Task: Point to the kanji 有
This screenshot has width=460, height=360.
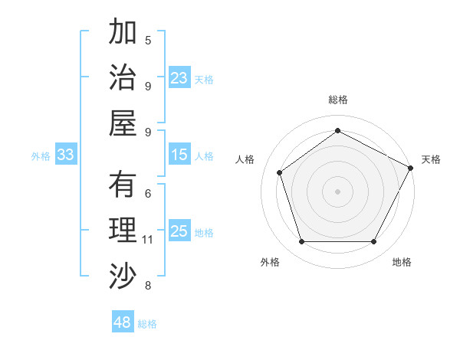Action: point(123,185)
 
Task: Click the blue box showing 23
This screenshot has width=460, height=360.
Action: point(179,78)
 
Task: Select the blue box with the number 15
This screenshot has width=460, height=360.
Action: point(179,155)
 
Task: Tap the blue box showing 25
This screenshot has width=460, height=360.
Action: point(179,232)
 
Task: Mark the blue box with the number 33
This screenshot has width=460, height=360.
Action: point(66,155)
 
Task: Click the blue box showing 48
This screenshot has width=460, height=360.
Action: point(123,322)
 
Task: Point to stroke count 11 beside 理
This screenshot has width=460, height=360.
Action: point(148,240)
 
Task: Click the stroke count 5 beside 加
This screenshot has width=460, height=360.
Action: point(148,40)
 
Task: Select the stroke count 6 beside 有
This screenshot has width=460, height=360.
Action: point(148,194)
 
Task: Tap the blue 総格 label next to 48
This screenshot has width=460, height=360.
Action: point(147,324)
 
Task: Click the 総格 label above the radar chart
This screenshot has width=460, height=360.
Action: point(337,100)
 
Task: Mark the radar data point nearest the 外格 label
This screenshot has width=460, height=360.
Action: point(301,242)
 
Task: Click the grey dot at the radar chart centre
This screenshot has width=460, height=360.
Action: point(337,191)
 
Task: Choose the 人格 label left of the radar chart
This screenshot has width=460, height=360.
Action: point(245,159)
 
